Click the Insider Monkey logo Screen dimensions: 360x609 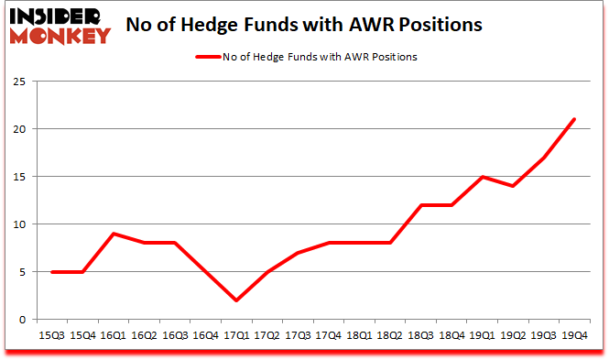click(x=60, y=24)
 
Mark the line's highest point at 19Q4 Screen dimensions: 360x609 click(x=573, y=119)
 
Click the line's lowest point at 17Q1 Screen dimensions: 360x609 click(x=235, y=300)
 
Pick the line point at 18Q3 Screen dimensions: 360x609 click(x=420, y=205)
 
